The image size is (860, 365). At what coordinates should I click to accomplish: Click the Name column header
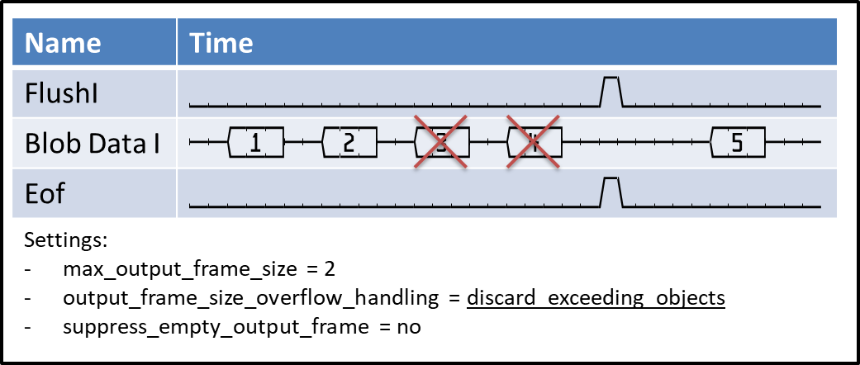(63, 42)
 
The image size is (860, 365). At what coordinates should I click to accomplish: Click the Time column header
(221, 42)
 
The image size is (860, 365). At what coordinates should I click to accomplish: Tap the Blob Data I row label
(92, 143)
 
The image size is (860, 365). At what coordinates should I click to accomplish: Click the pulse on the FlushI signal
(611, 91)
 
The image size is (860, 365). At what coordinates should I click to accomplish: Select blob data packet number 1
(255, 143)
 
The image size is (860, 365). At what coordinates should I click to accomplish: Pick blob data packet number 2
(349, 143)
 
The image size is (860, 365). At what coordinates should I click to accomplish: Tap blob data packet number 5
(737, 143)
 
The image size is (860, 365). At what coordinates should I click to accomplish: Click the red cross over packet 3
(441, 143)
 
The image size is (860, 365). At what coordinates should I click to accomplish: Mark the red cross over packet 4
(534, 143)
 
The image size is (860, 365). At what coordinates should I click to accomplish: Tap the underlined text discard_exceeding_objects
(596, 297)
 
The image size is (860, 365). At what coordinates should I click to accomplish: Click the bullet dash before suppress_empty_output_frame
(31, 326)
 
